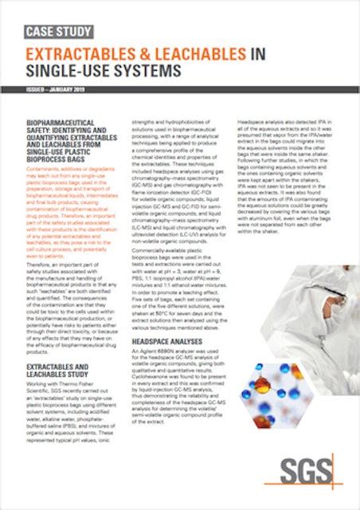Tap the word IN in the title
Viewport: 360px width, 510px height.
[257, 54]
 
